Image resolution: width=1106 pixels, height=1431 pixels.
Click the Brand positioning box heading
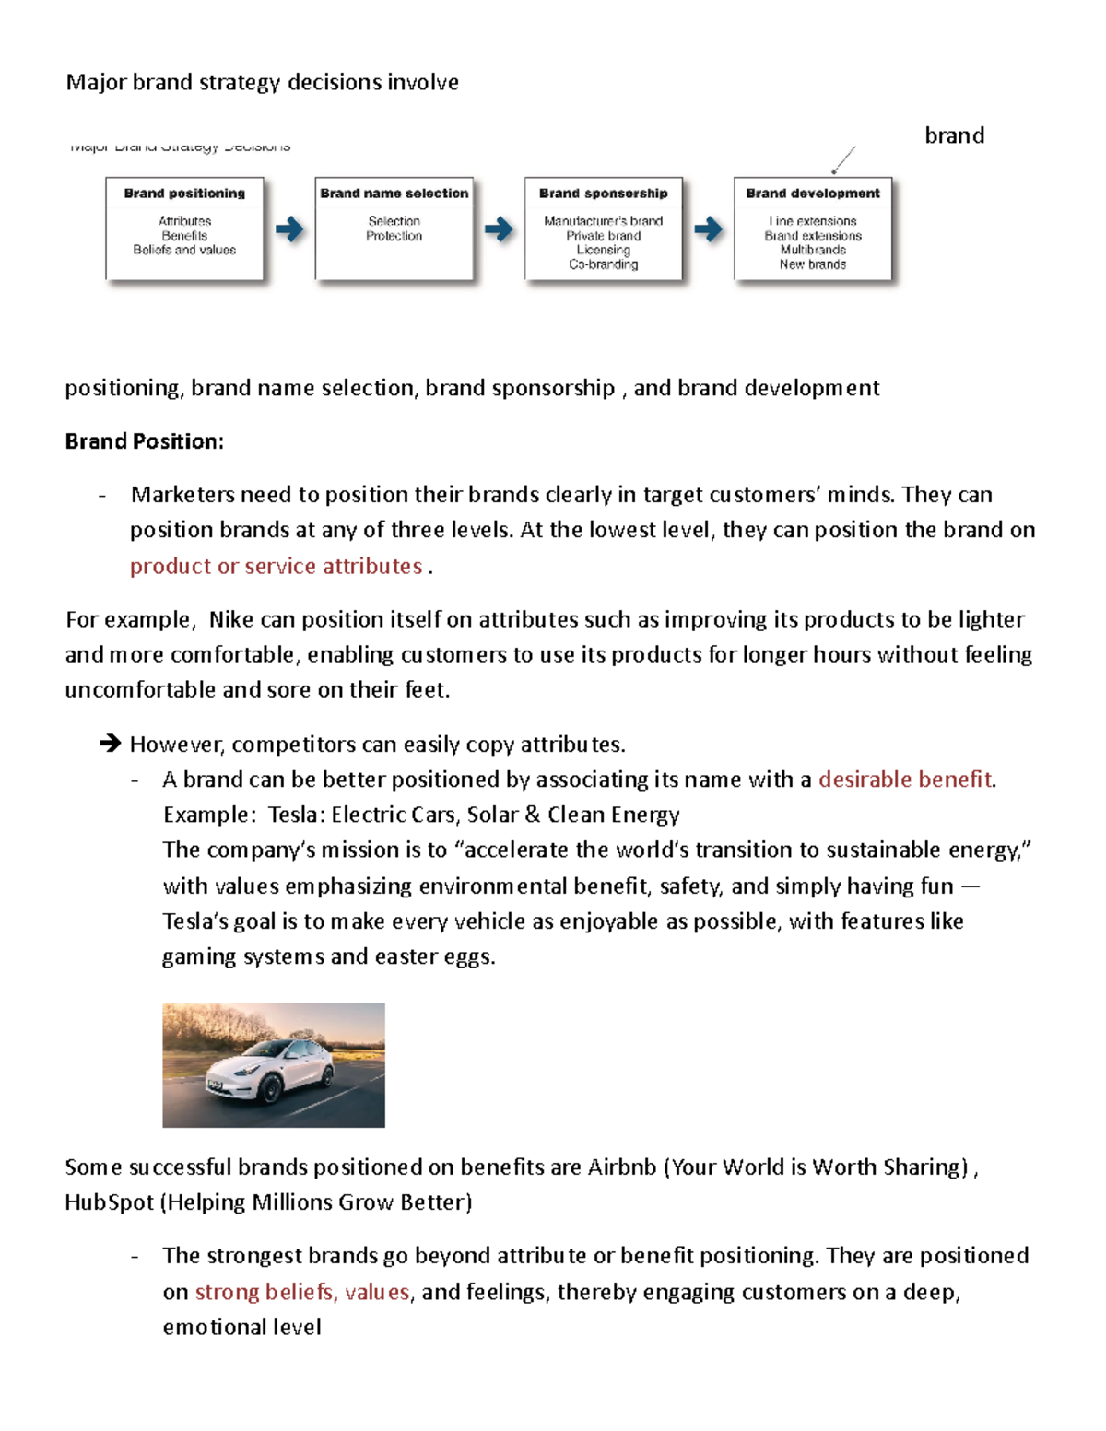click(x=184, y=194)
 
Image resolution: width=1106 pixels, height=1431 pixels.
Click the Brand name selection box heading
click(x=394, y=194)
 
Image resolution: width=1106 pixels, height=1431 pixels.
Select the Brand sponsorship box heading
click(x=603, y=194)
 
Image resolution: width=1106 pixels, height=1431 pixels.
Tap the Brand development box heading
click(x=812, y=194)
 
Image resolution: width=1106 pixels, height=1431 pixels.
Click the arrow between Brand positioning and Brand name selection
click(x=289, y=229)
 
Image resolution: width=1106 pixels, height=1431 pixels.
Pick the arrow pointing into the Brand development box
click(x=708, y=229)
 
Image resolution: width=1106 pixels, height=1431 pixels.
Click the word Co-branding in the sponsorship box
click(x=603, y=264)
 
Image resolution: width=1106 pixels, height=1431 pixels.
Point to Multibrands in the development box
click(x=812, y=250)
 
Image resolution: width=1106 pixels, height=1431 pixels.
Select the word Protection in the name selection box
click(x=394, y=236)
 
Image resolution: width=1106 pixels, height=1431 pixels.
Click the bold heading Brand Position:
click(x=144, y=441)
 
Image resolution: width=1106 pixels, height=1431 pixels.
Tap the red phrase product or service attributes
click(x=276, y=566)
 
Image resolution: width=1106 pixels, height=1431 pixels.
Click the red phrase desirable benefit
click(x=905, y=780)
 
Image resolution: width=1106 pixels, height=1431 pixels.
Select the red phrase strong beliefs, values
click(x=302, y=1292)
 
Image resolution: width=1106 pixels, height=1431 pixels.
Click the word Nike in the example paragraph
click(x=231, y=619)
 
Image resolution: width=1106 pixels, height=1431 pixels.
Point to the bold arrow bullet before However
click(x=111, y=744)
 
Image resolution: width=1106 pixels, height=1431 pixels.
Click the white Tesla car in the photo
click(x=272, y=1069)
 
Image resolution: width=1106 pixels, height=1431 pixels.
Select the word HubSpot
click(x=109, y=1202)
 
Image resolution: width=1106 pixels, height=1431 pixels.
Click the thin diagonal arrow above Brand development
click(x=843, y=159)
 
